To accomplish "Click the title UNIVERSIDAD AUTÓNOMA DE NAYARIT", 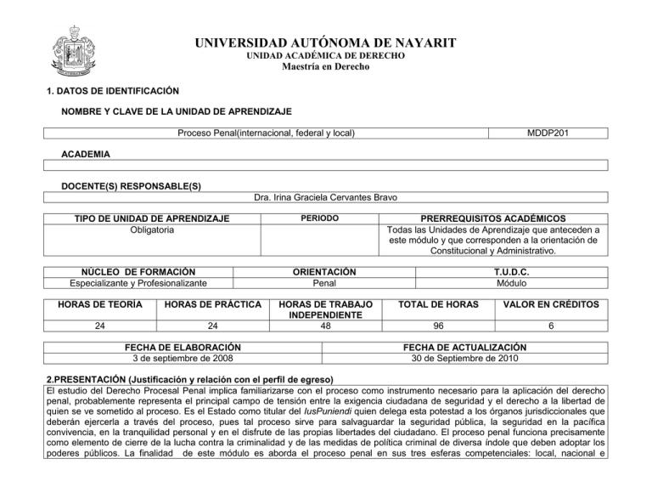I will [326, 42].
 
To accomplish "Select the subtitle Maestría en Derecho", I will [325, 67].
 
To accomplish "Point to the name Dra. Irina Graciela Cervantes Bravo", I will [326, 198].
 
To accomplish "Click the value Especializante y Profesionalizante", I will [128, 283].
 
